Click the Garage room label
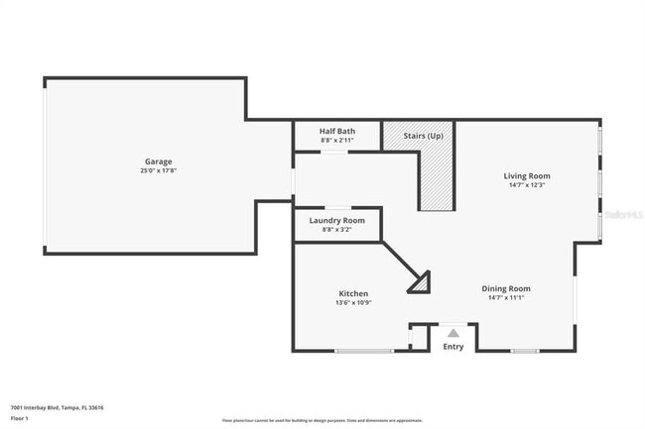click(159, 161)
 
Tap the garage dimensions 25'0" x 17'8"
click(159, 170)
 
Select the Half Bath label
click(337, 131)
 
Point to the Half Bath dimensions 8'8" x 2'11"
click(337, 140)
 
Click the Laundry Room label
click(337, 220)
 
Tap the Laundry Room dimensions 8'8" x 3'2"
click(337, 229)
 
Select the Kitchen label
click(354, 293)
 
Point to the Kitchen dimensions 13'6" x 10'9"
click(354, 302)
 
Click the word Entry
click(452, 347)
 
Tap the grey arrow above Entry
click(452, 333)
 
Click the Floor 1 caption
click(20, 418)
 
